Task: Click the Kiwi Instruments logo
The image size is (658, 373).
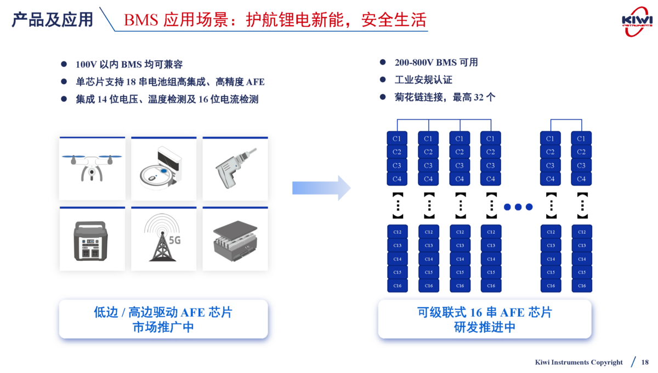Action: pos(637,21)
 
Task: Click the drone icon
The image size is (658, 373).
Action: pos(92,168)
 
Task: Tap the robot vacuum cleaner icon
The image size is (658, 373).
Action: pos(163,168)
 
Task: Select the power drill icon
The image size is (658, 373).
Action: pos(235,168)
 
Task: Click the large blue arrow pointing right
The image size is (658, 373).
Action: pos(321,188)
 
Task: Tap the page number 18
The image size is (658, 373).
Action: pos(645,362)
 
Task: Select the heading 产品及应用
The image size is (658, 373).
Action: pos(53,20)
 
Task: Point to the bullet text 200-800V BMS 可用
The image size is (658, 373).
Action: pos(436,62)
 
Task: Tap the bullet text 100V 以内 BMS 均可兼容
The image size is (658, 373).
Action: pos(129,65)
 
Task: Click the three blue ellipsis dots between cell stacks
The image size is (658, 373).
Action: pos(518,207)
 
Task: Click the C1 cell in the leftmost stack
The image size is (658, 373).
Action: pos(397,139)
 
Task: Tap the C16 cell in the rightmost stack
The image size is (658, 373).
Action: pos(582,285)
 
